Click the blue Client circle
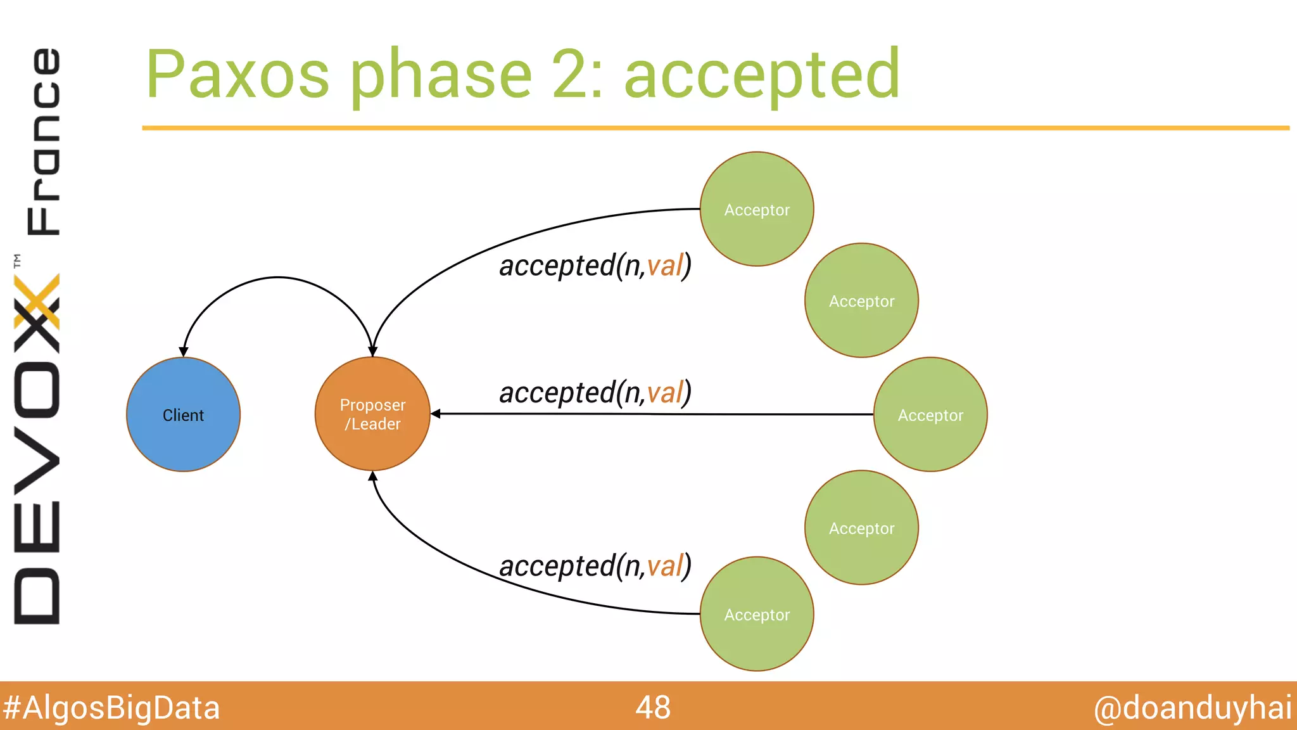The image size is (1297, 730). pyautogui.click(x=183, y=414)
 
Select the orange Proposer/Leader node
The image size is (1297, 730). pyautogui.click(x=372, y=414)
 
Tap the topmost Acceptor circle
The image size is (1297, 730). pyautogui.click(x=757, y=209)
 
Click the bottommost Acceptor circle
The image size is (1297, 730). pyautogui.click(x=757, y=614)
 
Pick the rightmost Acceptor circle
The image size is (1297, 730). pyautogui.click(x=930, y=414)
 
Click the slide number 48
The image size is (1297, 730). pyautogui.click(x=653, y=707)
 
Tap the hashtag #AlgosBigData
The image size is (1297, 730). pyautogui.click(x=111, y=708)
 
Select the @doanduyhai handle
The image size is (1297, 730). pyautogui.click(x=1193, y=708)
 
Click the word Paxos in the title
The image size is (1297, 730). pyautogui.click(x=237, y=75)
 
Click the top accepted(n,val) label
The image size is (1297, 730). pyautogui.click(x=595, y=266)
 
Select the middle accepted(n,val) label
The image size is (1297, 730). pyautogui.click(x=595, y=392)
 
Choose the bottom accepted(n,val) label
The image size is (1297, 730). pyautogui.click(x=595, y=566)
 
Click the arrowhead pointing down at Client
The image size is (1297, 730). pyautogui.click(x=184, y=352)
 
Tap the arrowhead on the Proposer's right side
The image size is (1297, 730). pyautogui.click(x=436, y=414)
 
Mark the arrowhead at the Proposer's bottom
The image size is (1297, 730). pyautogui.click(x=373, y=476)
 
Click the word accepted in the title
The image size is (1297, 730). pyautogui.click(x=761, y=75)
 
